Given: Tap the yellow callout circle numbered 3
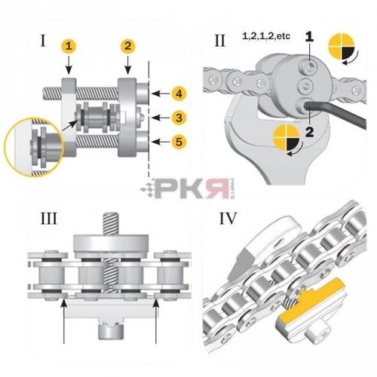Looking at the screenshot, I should [x=178, y=117].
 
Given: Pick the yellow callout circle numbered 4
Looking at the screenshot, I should [x=178, y=93].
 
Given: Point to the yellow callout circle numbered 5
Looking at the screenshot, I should [x=178, y=140].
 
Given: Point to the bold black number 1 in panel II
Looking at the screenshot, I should [x=309, y=36].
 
